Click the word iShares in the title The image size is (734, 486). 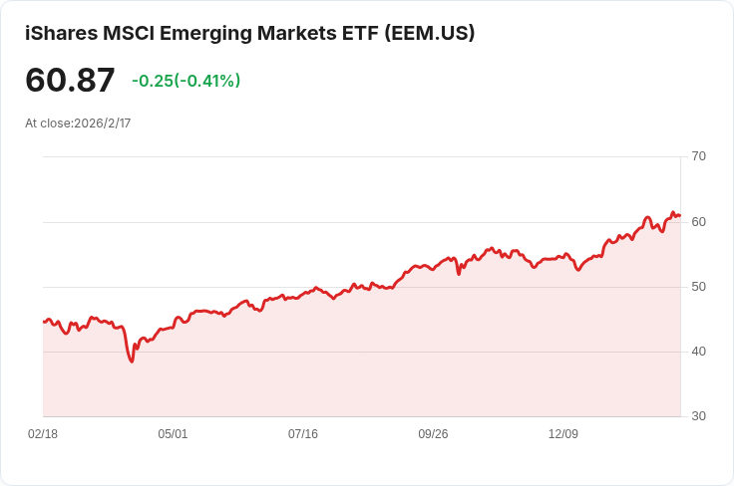click(62, 33)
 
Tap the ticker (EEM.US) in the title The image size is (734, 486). click(429, 33)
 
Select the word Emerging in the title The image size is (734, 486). click(205, 34)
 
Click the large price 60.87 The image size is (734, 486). click(70, 80)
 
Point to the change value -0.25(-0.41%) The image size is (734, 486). click(186, 81)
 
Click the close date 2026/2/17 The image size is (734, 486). click(103, 123)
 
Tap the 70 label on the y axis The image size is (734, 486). click(698, 156)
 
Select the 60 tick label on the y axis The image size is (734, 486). click(698, 222)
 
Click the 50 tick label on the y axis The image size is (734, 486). click(698, 287)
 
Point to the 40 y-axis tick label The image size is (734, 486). click(698, 352)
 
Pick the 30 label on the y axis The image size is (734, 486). click(698, 416)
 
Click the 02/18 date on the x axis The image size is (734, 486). click(43, 434)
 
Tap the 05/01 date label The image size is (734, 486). click(173, 434)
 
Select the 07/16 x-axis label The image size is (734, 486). click(303, 434)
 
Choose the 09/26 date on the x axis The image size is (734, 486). click(433, 434)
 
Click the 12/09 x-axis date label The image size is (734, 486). click(563, 434)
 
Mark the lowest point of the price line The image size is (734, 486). click(132, 362)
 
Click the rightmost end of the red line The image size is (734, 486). click(680, 215)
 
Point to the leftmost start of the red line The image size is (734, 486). click(44, 322)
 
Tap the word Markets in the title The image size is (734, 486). click(297, 33)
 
